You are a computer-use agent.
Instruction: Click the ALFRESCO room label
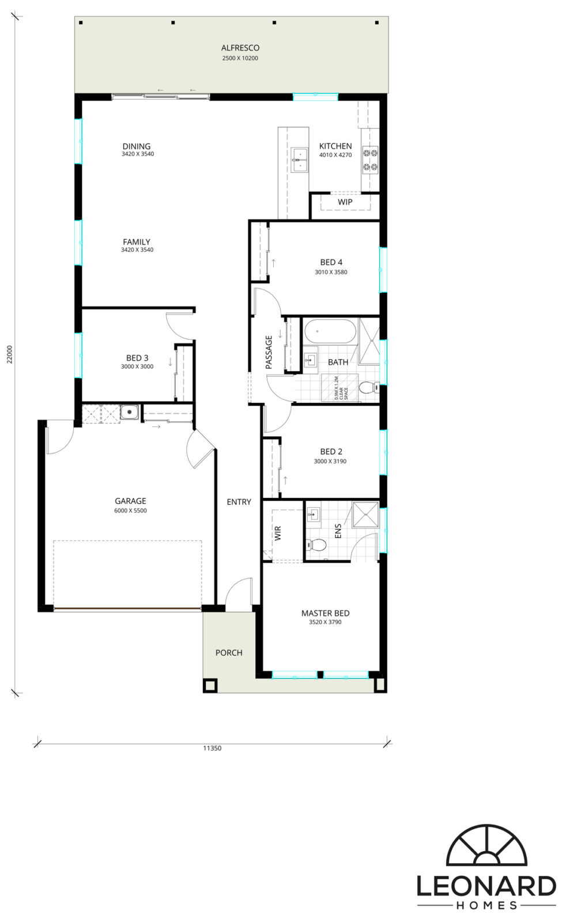(x=240, y=48)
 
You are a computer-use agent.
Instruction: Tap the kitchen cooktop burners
(x=369, y=160)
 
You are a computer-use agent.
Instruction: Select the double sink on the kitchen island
(x=299, y=160)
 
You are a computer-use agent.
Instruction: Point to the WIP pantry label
(x=345, y=202)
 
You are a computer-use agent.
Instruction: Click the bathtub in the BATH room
(x=330, y=332)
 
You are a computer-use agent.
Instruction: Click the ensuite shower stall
(x=365, y=515)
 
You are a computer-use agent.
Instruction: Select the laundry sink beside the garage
(x=130, y=412)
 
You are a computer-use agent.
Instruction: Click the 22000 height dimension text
(x=10, y=354)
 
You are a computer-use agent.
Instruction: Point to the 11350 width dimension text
(x=212, y=749)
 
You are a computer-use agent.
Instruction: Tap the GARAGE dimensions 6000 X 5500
(x=130, y=511)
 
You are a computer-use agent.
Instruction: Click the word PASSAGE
(x=269, y=352)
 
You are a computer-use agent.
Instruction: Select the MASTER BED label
(x=325, y=613)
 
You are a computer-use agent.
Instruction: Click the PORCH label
(x=229, y=653)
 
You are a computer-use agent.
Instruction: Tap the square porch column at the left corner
(x=210, y=685)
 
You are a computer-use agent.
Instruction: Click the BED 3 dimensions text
(x=137, y=366)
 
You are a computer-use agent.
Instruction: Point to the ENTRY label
(x=239, y=502)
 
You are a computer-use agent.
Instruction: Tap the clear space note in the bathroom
(x=341, y=388)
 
